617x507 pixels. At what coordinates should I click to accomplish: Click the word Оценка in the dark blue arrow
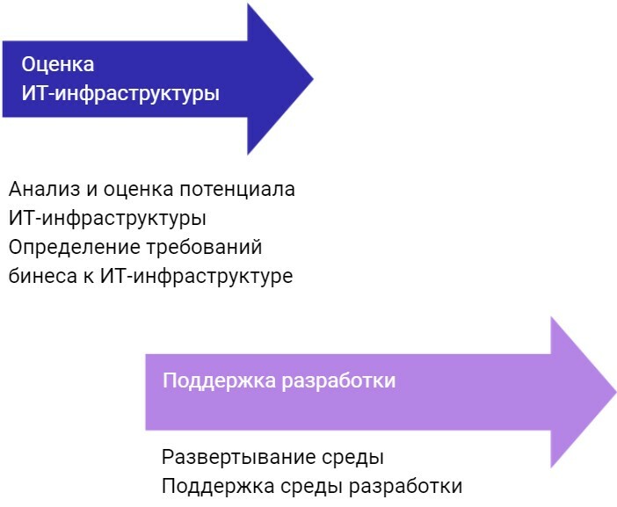click(58, 65)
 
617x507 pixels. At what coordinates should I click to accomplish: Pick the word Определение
click(65, 247)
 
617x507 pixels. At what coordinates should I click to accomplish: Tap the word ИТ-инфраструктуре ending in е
click(196, 276)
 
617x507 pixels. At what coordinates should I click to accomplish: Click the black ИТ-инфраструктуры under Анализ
click(107, 218)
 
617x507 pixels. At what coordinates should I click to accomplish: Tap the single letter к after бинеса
click(87, 276)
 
